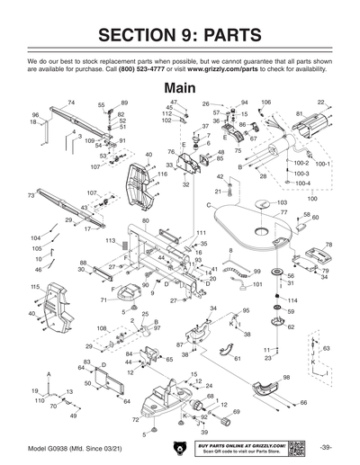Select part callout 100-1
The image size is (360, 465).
pos(323,164)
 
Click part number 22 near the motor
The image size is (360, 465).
pos(321,103)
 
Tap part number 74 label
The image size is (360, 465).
pos(71,103)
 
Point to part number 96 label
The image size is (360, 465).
pos(35,115)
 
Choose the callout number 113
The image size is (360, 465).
pos(110,241)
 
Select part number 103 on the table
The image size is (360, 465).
pos(282,203)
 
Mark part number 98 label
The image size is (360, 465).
pos(286,376)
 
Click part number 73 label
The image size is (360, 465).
pos(31,193)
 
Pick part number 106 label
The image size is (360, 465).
pos(265,103)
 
